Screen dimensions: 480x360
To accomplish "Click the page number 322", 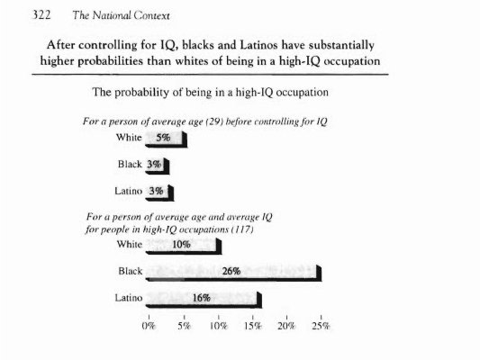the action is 41,15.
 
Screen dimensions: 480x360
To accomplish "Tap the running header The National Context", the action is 121,15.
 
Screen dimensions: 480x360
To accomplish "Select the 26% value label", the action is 231,271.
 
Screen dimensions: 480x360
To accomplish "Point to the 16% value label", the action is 202,298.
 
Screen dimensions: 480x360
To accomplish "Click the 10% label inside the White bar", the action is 181,245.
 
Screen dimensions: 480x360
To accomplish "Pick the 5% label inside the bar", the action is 163,138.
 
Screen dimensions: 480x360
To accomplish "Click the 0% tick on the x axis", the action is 149,326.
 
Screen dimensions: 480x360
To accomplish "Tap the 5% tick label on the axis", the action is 184,326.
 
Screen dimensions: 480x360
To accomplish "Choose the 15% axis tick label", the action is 252,326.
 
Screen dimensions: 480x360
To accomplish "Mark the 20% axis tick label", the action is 286,326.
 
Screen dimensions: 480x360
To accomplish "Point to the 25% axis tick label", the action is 322,326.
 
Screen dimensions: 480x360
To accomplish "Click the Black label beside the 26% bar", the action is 131,271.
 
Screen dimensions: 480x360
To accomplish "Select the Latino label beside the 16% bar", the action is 129,298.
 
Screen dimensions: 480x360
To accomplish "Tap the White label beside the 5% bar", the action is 129,138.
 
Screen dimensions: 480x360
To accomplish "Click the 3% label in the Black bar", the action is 154,165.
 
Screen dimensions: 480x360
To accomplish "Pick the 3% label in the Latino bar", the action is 156,191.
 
